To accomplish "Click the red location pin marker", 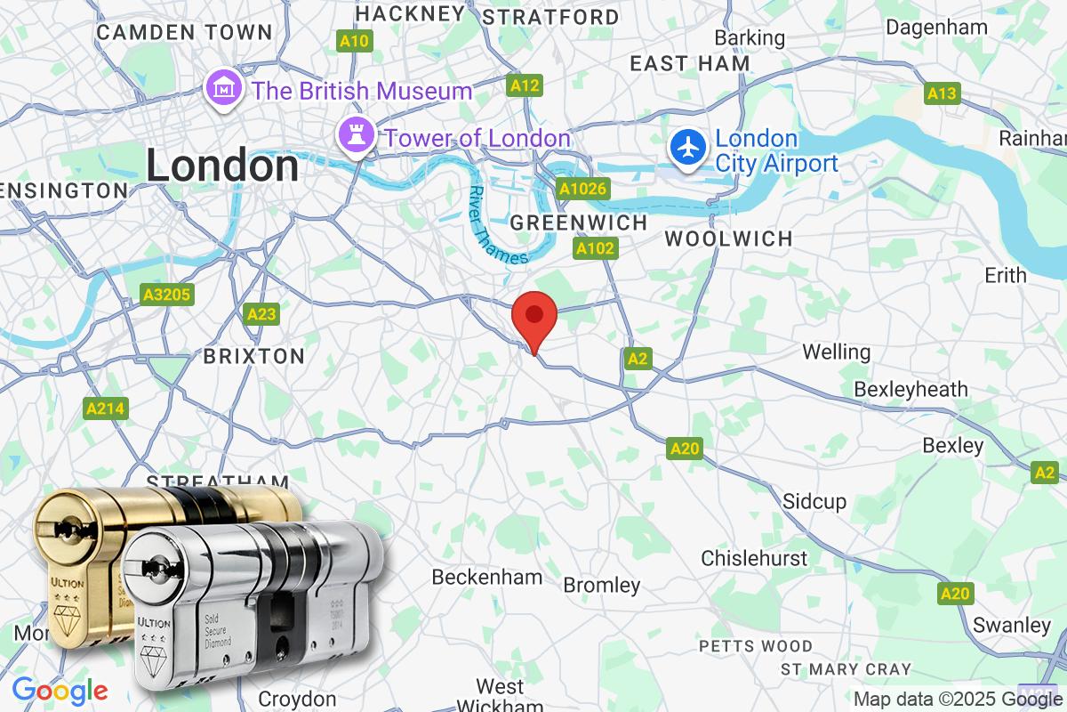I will tap(534, 318).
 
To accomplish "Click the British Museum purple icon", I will tap(222, 89).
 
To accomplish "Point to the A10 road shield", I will tap(354, 41).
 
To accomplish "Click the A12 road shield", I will tap(525, 85).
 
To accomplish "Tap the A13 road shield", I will tap(942, 93).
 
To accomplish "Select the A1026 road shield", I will tap(582, 189).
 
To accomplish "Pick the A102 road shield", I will tap(595, 249).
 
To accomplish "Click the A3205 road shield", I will tap(167, 294).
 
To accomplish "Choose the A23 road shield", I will tap(261, 314).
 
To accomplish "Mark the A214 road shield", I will tap(107, 409).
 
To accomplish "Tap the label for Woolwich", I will tap(728, 239).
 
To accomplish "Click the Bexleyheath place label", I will tap(911, 389).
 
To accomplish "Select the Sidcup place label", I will tap(814, 501).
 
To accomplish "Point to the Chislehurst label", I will tap(754, 558).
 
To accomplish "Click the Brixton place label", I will tap(254, 356).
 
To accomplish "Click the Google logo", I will tap(60, 691).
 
